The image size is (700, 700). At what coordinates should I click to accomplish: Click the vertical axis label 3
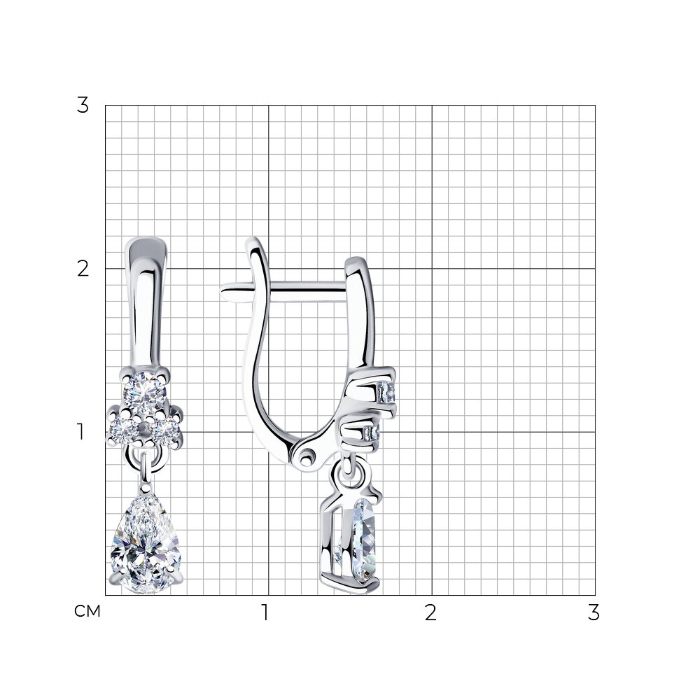(x=83, y=106)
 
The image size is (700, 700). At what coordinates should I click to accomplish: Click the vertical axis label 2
(x=83, y=269)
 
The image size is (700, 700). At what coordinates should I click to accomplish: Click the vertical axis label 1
(x=80, y=432)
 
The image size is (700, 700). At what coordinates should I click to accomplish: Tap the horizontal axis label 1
(x=265, y=612)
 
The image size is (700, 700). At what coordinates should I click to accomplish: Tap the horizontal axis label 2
(x=430, y=612)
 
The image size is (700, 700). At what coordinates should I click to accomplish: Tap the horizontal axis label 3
(x=594, y=612)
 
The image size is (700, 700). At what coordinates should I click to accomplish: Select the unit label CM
(x=87, y=611)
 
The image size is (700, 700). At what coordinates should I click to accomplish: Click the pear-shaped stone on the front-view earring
(x=146, y=543)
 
